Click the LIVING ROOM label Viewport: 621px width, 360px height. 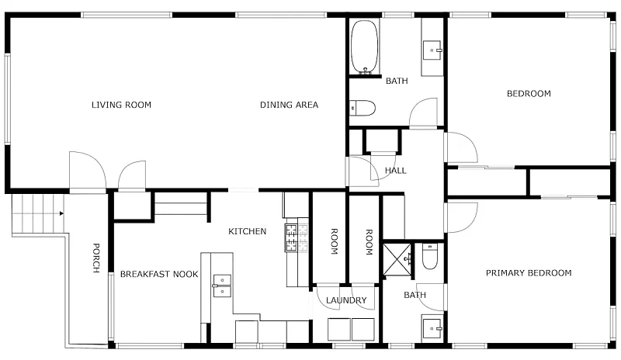(121, 105)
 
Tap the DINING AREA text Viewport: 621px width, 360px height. (289, 105)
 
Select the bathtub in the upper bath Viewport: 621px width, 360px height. (365, 47)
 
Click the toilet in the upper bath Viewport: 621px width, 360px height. (363, 108)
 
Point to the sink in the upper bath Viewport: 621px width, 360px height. (432, 50)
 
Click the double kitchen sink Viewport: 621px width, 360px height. (222, 286)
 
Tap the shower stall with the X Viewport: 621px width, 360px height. (397, 259)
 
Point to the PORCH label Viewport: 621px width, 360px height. (95, 258)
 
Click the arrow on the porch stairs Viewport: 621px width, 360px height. (61, 213)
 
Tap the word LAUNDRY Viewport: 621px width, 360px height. (346, 300)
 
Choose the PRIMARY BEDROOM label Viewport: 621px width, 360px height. (529, 273)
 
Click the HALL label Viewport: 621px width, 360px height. (396, 171)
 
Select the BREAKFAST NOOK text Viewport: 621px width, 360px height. (159, 274)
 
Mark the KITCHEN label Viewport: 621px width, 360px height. (247, 231)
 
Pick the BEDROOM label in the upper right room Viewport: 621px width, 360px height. (529, 94)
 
